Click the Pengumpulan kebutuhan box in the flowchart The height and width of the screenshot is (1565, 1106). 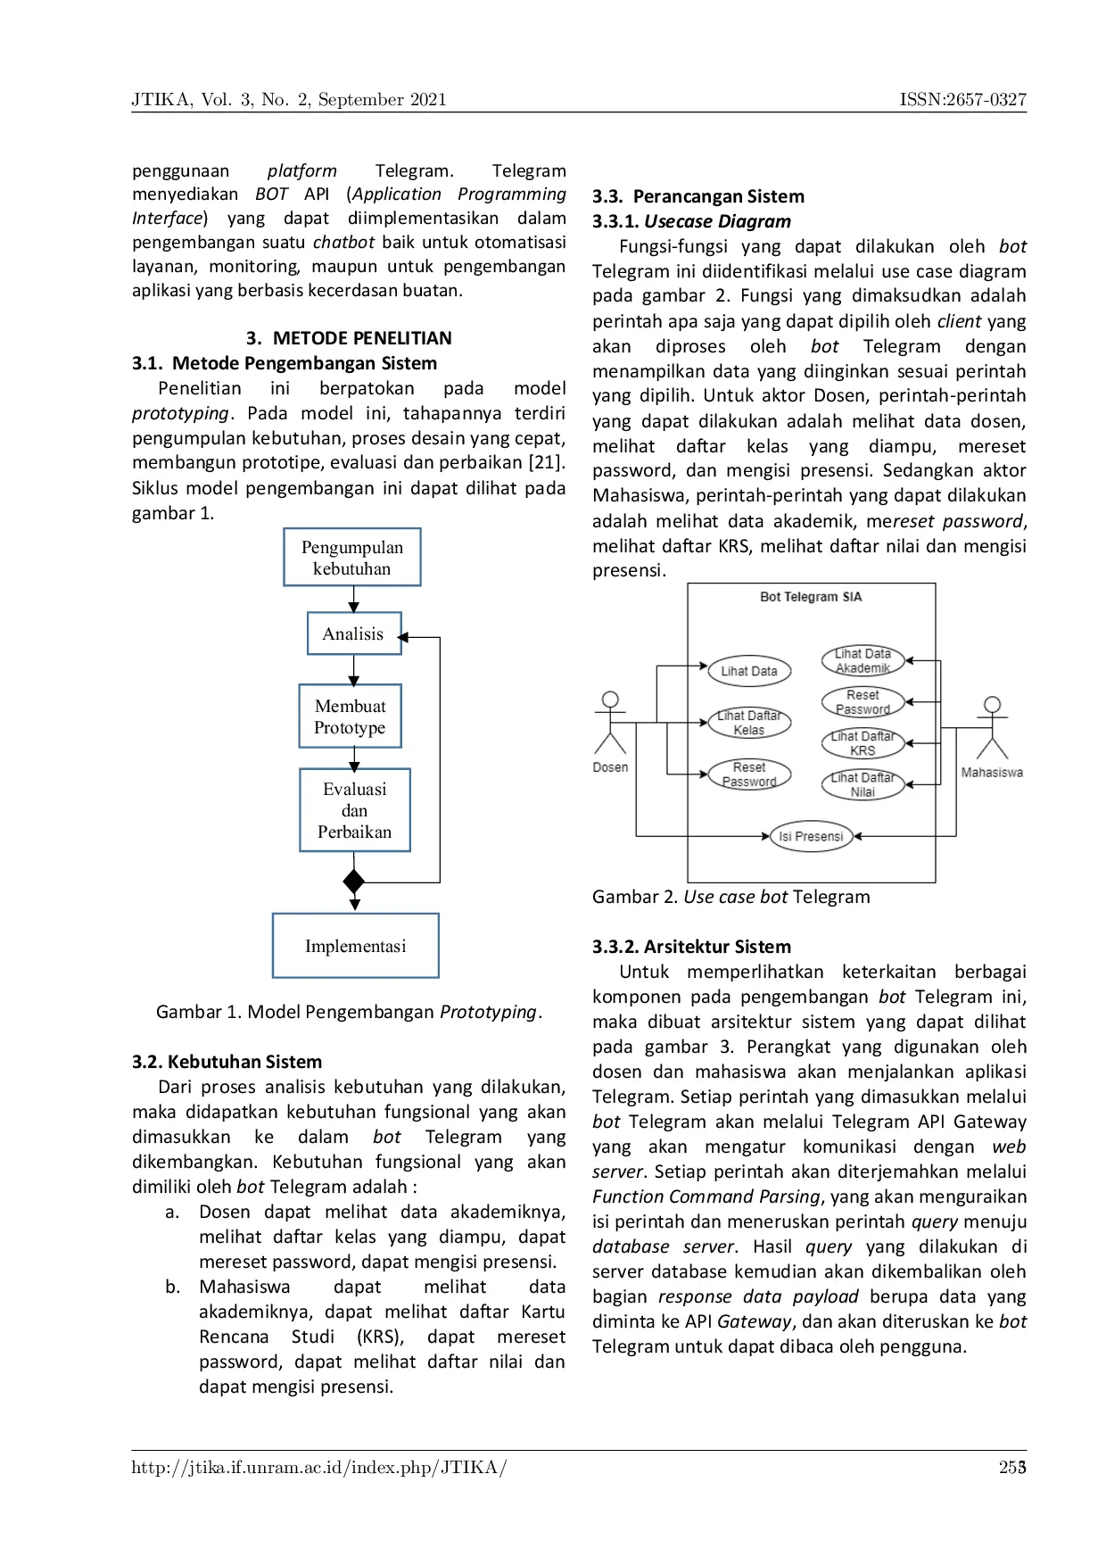point(352,558)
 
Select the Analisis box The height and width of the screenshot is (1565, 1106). point(354,633)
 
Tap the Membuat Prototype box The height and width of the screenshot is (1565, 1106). point(351,716)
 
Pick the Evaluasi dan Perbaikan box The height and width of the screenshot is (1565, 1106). point(355,810)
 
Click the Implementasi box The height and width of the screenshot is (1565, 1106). point(356,946)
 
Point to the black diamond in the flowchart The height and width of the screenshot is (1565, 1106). point(354,882)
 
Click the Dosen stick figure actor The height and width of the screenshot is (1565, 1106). point(611,725)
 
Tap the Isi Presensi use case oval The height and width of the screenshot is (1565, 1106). point(811,836)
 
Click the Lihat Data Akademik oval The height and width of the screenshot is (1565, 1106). point(863,660)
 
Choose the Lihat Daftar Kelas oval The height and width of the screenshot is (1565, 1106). point(749,723)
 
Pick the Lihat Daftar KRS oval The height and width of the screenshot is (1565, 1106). point(863,743)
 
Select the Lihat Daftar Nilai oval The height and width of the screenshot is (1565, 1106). point(863,784)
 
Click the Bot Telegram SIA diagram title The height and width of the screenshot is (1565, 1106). point(811,597)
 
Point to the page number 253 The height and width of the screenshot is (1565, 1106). point(1012,1468)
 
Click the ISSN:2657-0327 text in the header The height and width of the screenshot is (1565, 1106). point(962,99)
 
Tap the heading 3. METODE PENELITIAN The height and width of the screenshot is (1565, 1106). point(349,338)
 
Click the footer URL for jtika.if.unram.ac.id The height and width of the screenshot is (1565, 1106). point(318,1468)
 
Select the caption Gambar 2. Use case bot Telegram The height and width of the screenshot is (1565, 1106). point(730,897)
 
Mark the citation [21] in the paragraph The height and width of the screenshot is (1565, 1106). point(547,462)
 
